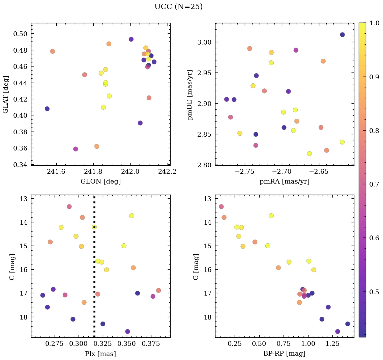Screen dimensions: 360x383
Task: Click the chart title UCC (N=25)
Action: [178, 7]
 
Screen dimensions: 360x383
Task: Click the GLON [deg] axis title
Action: [100, 181]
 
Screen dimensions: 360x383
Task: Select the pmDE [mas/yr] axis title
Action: [190, 95]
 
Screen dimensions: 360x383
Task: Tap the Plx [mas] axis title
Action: [100, 354]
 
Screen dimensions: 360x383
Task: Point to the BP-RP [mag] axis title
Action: [284, 354]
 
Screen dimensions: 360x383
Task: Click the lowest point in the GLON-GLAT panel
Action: [76, 149]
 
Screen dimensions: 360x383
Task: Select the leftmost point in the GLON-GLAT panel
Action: [47, 109]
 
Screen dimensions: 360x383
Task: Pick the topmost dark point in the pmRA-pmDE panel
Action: [342, 34]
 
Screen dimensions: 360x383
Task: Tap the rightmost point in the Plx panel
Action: [158, 290]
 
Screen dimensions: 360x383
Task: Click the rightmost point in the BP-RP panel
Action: [348, 324]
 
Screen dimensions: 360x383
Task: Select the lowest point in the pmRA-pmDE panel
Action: [309, 154]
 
